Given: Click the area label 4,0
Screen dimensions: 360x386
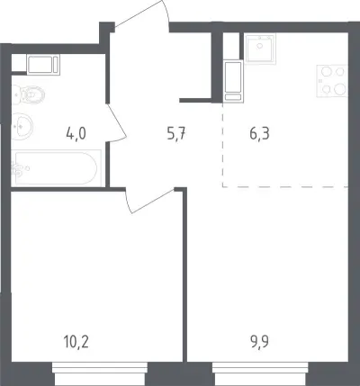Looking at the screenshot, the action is pos(76,134).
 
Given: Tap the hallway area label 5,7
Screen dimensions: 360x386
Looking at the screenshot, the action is pos(176,134).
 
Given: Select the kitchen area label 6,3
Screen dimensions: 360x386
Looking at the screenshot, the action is pos(259,134).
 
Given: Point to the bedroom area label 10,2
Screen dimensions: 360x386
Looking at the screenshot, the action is pos(76,342).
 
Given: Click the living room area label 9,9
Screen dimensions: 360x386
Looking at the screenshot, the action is pos(260,342).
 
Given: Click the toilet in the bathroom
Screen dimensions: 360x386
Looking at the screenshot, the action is pos(28,94).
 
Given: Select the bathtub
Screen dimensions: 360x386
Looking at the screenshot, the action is pos(57,168).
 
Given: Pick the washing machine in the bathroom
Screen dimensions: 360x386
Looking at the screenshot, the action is pos(43,64).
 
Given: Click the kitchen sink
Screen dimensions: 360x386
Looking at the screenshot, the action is pos(260,49).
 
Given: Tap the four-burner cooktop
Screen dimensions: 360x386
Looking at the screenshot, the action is pos(332,81).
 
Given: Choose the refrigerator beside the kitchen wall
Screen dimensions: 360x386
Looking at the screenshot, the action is pos(233,81).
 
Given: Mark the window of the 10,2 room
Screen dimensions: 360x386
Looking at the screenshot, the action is pos(100,372).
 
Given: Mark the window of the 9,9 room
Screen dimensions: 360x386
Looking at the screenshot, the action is pos(260,372).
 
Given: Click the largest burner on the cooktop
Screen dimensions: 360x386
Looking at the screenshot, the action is pos(339,89).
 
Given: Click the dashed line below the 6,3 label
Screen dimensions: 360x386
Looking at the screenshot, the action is pos(285,186).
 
